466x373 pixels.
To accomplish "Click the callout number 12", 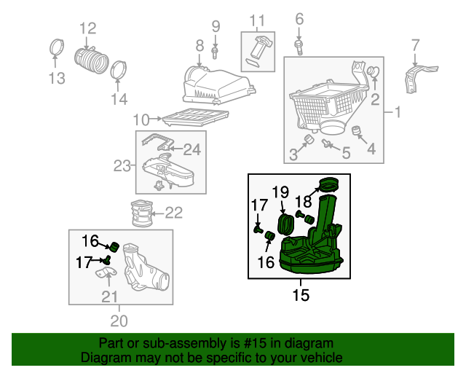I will (87, 28).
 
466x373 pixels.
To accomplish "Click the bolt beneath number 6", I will (299, 45).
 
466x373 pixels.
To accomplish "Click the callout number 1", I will (398, 113).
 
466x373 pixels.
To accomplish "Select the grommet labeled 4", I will (358, 131).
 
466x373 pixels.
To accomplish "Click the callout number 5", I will (347, 153).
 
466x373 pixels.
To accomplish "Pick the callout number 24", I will (191, 150).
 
